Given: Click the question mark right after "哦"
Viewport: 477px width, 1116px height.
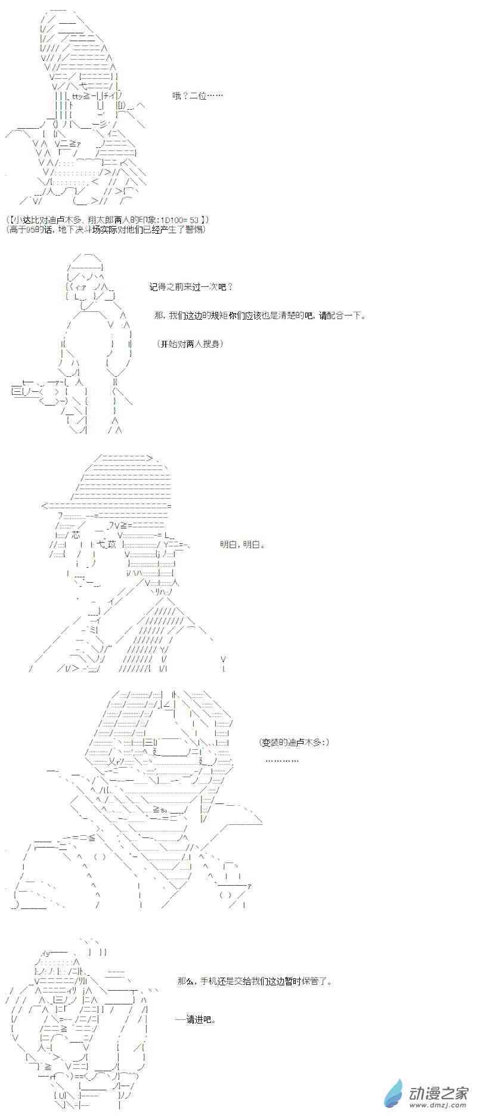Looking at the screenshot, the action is click(x=185, y=95).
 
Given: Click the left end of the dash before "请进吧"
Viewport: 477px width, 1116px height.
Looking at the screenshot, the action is click(x=175, y=1019).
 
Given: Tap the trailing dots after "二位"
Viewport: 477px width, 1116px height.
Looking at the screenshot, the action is click(x=215, y=95).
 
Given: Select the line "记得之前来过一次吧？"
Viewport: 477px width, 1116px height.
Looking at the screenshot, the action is click(x=191, y=287).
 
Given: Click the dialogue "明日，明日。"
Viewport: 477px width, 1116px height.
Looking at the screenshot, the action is click(x=242, y=544).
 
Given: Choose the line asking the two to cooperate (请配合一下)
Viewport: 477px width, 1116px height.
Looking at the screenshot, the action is click(x=260, y=316).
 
